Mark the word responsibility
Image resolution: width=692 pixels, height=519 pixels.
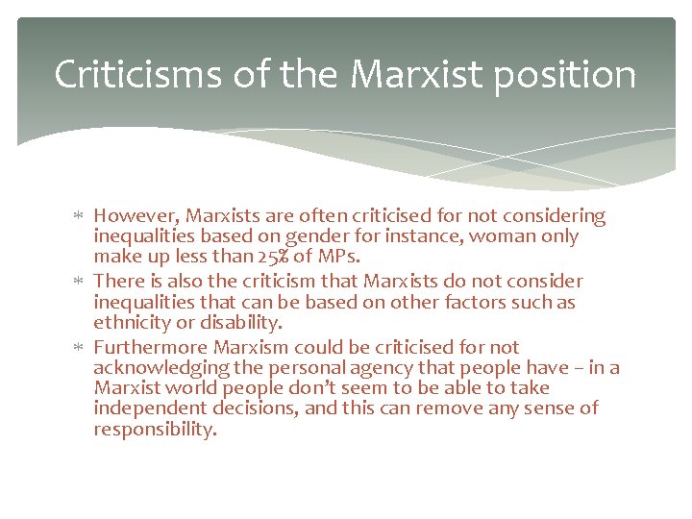tap(155, 430)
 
